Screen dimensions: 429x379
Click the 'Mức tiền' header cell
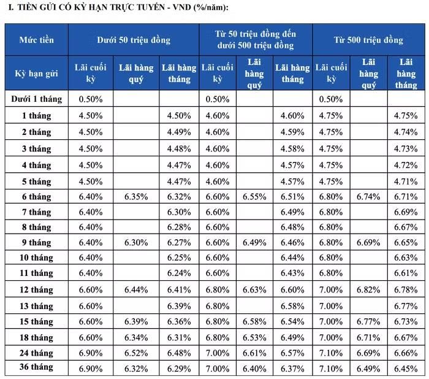tap(36, 40)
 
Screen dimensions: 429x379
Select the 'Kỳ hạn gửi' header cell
tap(36, 74)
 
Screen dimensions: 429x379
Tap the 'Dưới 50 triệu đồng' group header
tap(134, 40)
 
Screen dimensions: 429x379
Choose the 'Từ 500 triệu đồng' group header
tap(368, 40)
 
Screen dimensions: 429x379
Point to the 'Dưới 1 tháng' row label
tap(36, 99)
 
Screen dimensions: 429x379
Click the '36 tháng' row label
tap(36, 367)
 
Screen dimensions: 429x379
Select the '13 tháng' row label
tap(36, 306)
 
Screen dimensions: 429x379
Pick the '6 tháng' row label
tap(36, 197)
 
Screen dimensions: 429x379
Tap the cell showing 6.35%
tap(136, 197)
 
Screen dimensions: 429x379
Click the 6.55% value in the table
tap(254, 197)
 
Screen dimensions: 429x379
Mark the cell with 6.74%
tap(368, 197)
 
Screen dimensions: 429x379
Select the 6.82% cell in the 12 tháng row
tap(368, 289)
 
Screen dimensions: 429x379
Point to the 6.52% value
tap(136, 353)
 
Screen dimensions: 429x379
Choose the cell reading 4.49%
tap(179, 132)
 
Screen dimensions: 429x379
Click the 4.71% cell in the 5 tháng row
tap(406, 182)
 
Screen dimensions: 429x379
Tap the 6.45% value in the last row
tap(406, 369)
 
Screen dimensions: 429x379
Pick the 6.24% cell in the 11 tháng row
tap(179, 273)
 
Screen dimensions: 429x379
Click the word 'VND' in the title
tap(181, 7)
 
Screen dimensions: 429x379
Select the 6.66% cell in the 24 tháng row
tap(406, 353)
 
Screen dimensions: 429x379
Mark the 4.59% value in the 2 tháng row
tap(292, 132)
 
